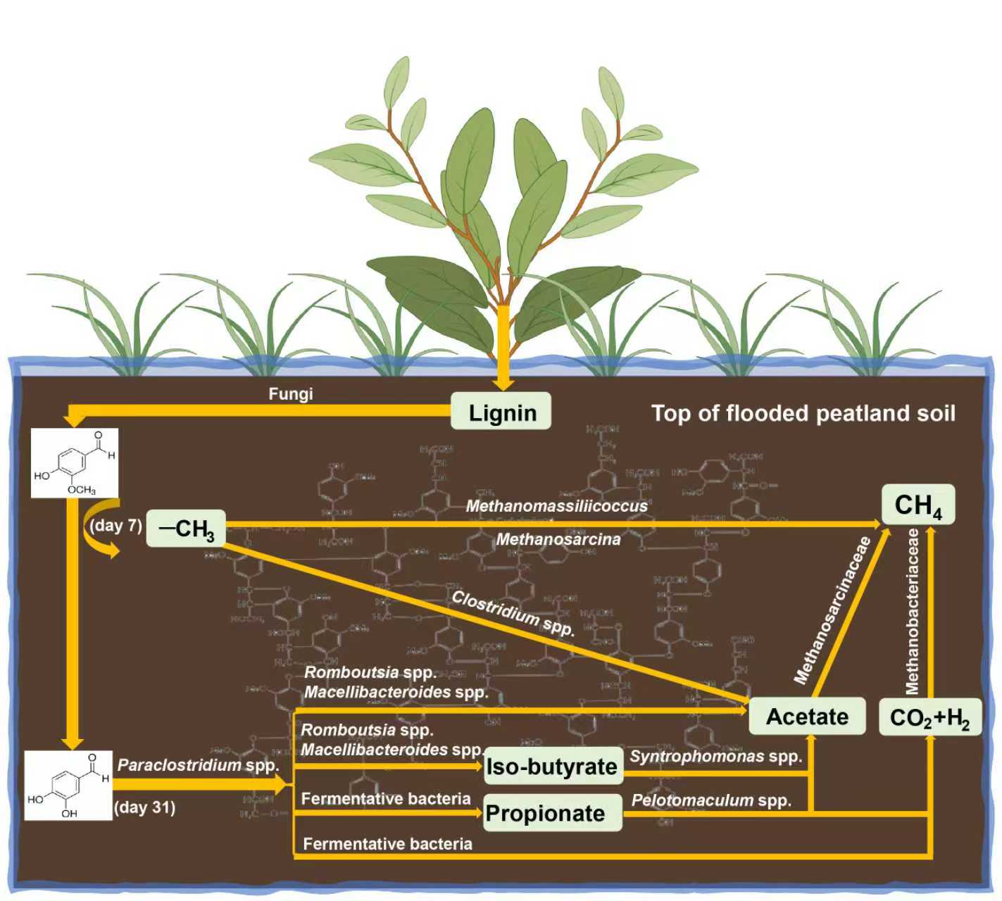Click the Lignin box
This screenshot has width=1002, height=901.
click(501, 412)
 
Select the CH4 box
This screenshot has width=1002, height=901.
click(918, 505)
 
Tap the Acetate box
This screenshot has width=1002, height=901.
click(807, 717)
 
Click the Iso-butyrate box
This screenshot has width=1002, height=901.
click(553, 766)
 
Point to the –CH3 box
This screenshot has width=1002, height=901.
click(186, 529)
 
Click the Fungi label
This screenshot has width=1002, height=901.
click(291, 394)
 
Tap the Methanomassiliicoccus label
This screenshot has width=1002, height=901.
click(557, 505)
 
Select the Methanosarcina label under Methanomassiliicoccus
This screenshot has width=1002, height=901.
click(558, 539)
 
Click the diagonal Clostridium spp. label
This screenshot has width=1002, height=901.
click(513, 613)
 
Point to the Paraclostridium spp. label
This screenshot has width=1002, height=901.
click(198, 764)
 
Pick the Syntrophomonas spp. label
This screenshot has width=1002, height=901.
click(716, 757)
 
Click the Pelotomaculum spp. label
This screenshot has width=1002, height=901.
click(711, 800)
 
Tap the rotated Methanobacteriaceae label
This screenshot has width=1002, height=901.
click(913, 611)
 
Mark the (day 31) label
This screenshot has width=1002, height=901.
click(144, 807)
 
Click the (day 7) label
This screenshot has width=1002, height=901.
click(115, 525)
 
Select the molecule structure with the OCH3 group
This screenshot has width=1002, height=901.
click(74, 462)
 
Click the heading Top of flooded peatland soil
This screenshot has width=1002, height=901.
click(803, 413)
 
